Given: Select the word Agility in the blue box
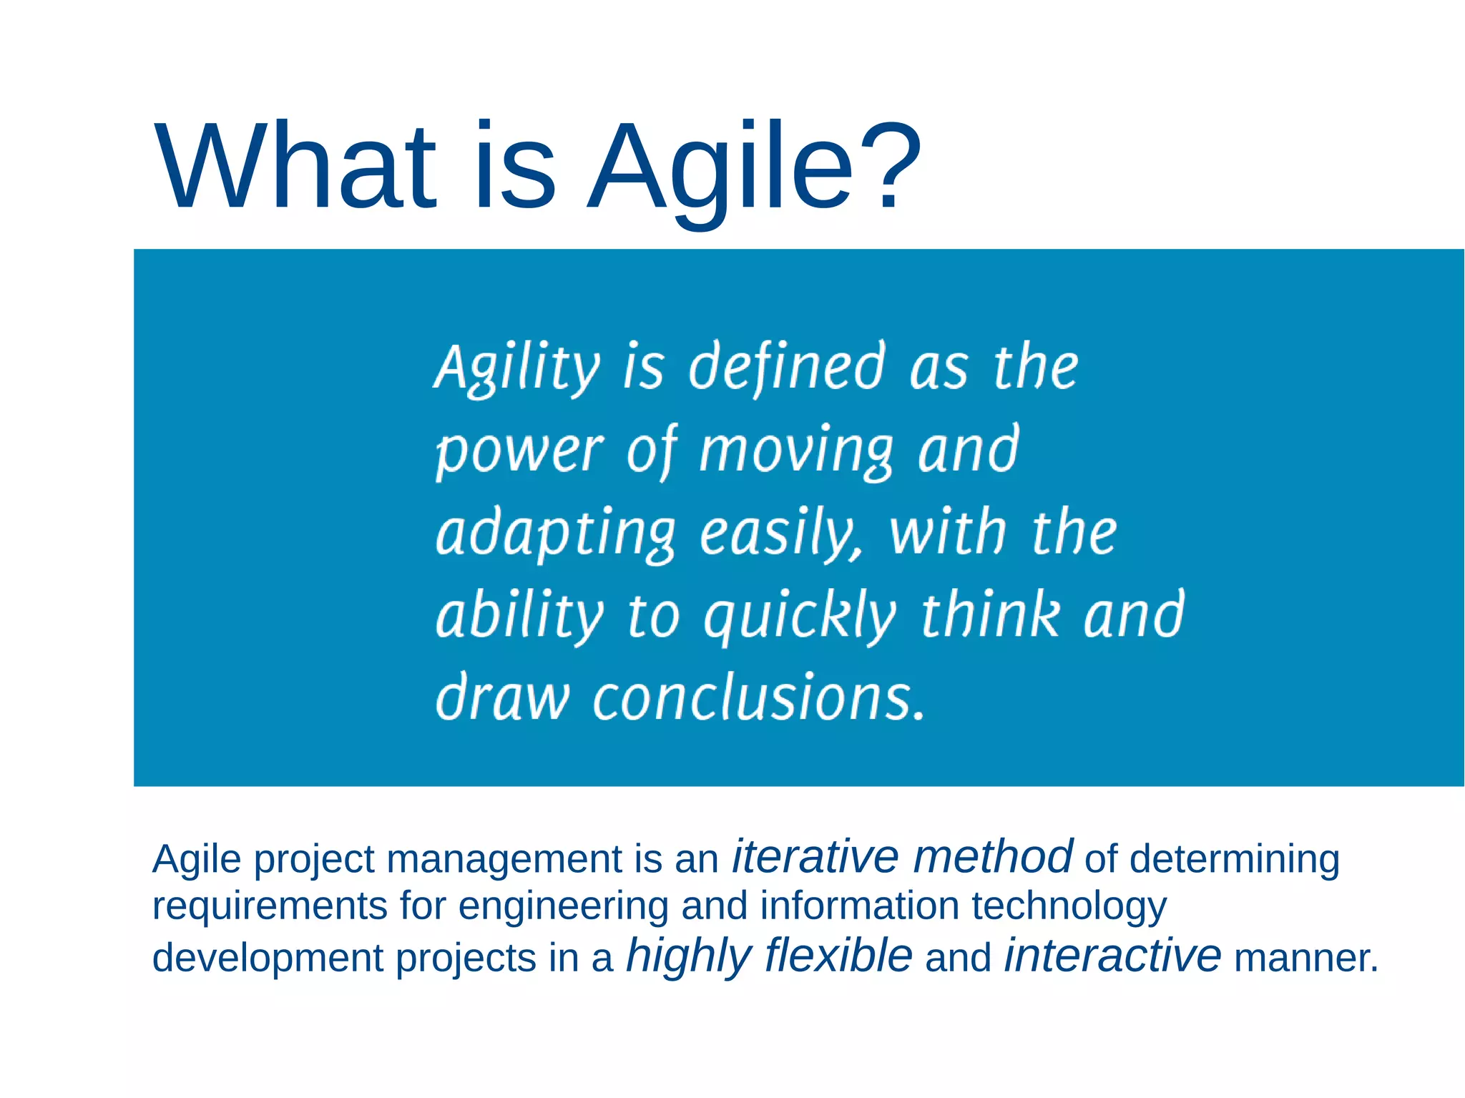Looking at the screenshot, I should pos(516,368).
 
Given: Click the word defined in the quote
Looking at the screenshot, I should pos(788,368).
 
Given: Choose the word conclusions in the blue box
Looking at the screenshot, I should pos(758,697).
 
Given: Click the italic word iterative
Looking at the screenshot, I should pos(815,857).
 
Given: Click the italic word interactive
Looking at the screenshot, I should pos(1112,956).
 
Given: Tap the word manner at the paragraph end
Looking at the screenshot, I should pos(1305,959).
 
